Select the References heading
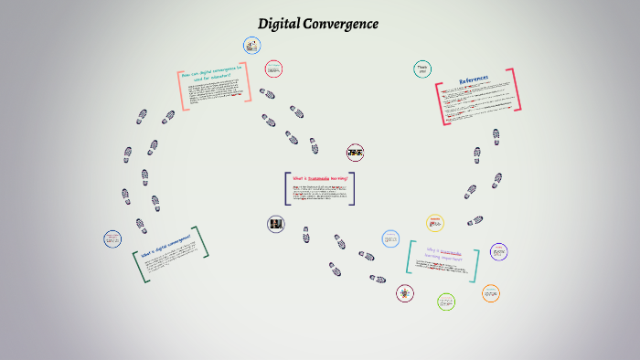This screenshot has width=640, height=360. [474, 79]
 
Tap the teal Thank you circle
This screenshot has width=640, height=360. [422, 69]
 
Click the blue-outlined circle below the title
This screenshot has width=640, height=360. [252, 45]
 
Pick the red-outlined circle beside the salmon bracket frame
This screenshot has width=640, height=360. [273, 69]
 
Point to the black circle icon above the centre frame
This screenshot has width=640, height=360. [355, 152]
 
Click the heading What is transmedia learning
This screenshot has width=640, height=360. [319, 178]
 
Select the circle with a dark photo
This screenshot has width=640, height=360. [275, 223]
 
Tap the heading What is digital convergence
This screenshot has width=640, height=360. [165, 248]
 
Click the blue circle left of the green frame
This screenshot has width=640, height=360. [112, 238]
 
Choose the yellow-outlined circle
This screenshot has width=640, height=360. [435, 223]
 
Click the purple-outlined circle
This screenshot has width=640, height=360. [498, 250]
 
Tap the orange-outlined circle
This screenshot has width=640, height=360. [491, 293]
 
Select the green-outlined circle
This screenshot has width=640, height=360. [446, 302]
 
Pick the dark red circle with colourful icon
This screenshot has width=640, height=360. [404, 293]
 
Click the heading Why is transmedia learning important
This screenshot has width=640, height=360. [443, 252]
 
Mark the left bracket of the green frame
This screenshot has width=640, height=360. [136, 268]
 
